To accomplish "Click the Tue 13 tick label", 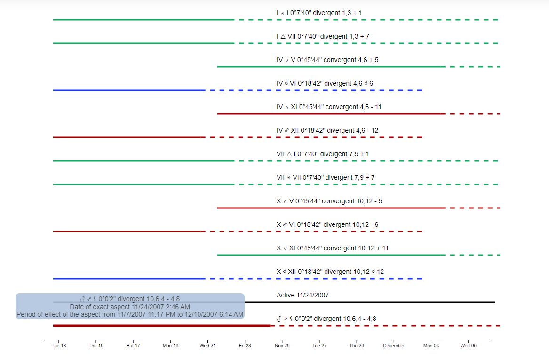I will tap(59, 346).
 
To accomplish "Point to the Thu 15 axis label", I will tap(96, 346).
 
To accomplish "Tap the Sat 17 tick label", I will tap(133, 346).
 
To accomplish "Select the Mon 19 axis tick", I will tap(170, 346).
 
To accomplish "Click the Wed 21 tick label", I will tap(207, 346).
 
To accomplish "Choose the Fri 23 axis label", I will tap(245, 346).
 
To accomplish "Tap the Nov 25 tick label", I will tap(282, 346).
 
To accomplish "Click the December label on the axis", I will tap(394, 346).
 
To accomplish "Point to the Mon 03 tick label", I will tap(431, 346).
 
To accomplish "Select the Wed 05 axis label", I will tap(468, 346).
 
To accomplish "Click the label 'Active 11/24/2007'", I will tap(302, 295).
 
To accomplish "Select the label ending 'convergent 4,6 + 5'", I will tap(327, 60).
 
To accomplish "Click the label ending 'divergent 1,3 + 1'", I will tap(319, 13).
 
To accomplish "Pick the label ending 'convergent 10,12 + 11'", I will tap(333, 248).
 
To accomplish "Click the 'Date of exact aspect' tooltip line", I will tap(130, 306).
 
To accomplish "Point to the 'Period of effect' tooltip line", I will tap(130, 314).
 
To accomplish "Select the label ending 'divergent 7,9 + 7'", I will tap(326, 177).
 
